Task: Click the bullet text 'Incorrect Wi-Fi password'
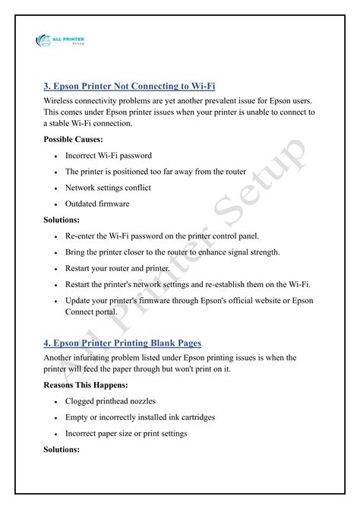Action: [x=108, y=156]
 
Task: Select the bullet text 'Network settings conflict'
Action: [x=108, y=187]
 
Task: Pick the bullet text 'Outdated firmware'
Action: [x=96, y=204]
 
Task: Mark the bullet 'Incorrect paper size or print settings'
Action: [x=137, y=434]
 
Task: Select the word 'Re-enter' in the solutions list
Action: [x=84, y=236]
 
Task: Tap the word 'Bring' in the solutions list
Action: [x=77, y=252]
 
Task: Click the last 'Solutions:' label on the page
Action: [x=62, y=450]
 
